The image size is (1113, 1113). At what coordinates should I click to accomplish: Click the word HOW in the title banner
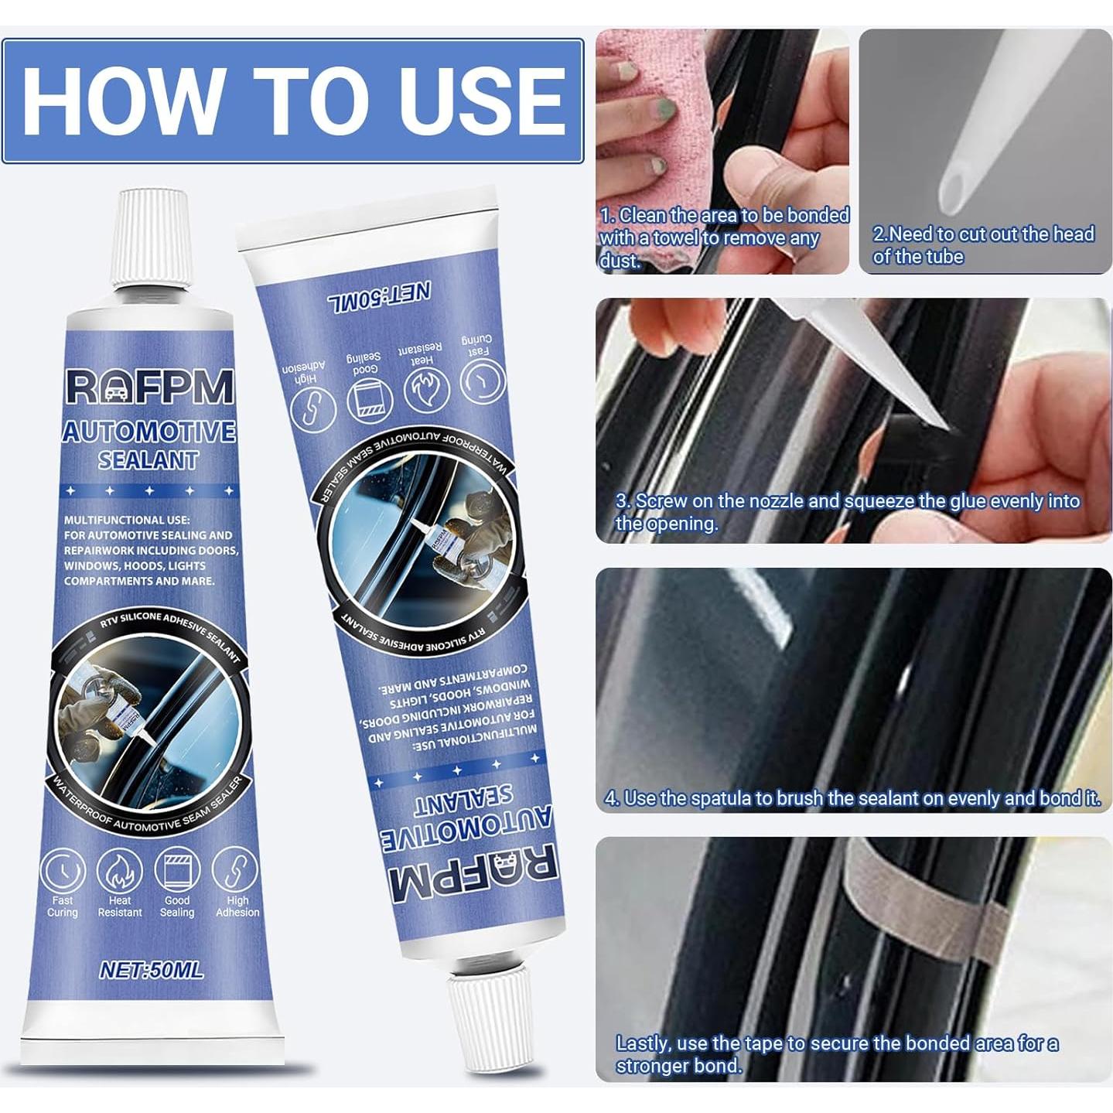point(120,101)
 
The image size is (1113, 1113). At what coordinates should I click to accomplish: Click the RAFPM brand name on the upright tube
point(149,387)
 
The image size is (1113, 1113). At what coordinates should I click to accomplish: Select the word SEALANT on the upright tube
point(149,460)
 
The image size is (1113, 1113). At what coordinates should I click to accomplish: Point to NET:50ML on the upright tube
point(152,970)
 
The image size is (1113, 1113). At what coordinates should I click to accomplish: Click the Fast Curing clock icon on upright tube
point(63,870)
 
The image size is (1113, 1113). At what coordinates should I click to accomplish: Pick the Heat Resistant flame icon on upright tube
point(120,870)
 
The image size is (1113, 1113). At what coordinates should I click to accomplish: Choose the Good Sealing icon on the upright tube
point(177,870)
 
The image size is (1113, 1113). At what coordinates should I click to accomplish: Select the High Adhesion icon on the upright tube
point(236,870)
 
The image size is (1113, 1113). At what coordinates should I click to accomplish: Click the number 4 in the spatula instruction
point(611,798)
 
